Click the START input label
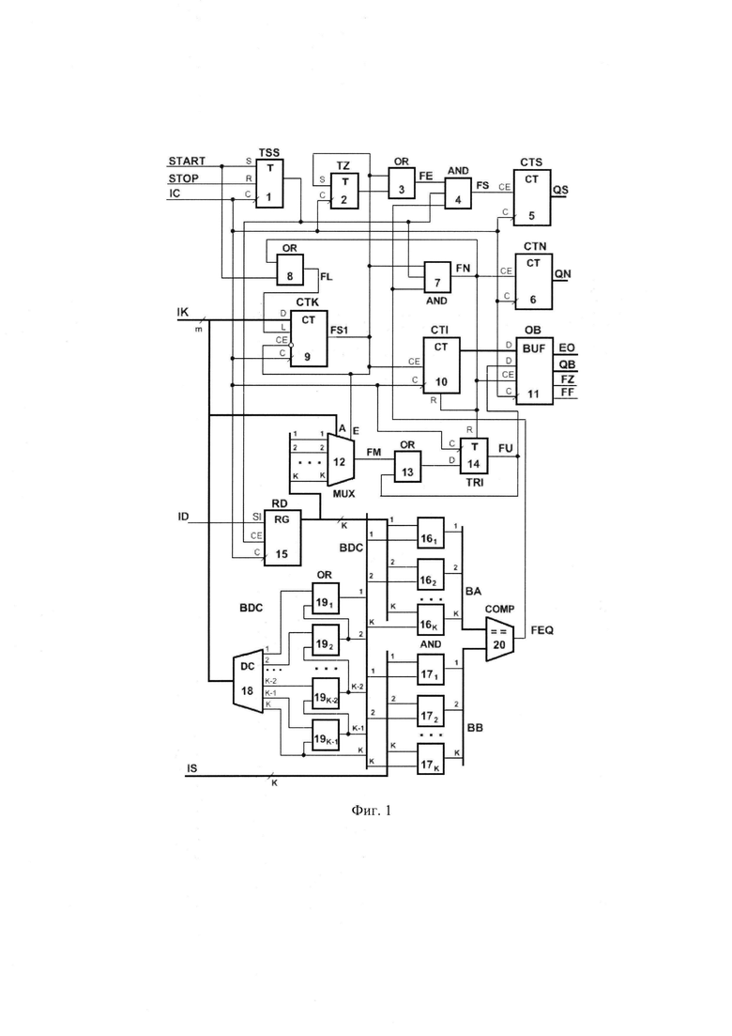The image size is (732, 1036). click(x=187, y=161)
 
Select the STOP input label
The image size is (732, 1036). click(x=184, y=178)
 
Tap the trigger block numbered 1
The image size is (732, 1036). click(x=269, y=183)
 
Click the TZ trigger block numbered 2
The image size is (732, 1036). click(x=343, y=191)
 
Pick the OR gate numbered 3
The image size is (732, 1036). click(x=402, y=182)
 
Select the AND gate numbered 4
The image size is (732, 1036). click(x=458, y=193)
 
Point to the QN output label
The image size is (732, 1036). click(x=563, y=273)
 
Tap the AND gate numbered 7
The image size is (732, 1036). click(x=437, y=277)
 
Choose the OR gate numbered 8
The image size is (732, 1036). click(x=290, y=270)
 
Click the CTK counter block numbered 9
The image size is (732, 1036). click(x=309, y=338)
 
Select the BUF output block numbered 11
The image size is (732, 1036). click(x=534, y=371)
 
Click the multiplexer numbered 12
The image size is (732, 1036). click(x=341, y=461)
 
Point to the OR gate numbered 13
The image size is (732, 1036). click(x=408, y=467)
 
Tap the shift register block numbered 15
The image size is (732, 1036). click(x=282, y=538)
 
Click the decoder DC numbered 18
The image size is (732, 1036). click(x=247, y=684)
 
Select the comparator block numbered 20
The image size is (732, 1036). click(x=499, y=640)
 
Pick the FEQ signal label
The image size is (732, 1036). click(x=541, y=630)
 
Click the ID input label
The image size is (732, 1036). click(x=183, y=517)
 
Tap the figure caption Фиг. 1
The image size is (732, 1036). click(x=371, y=810)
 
